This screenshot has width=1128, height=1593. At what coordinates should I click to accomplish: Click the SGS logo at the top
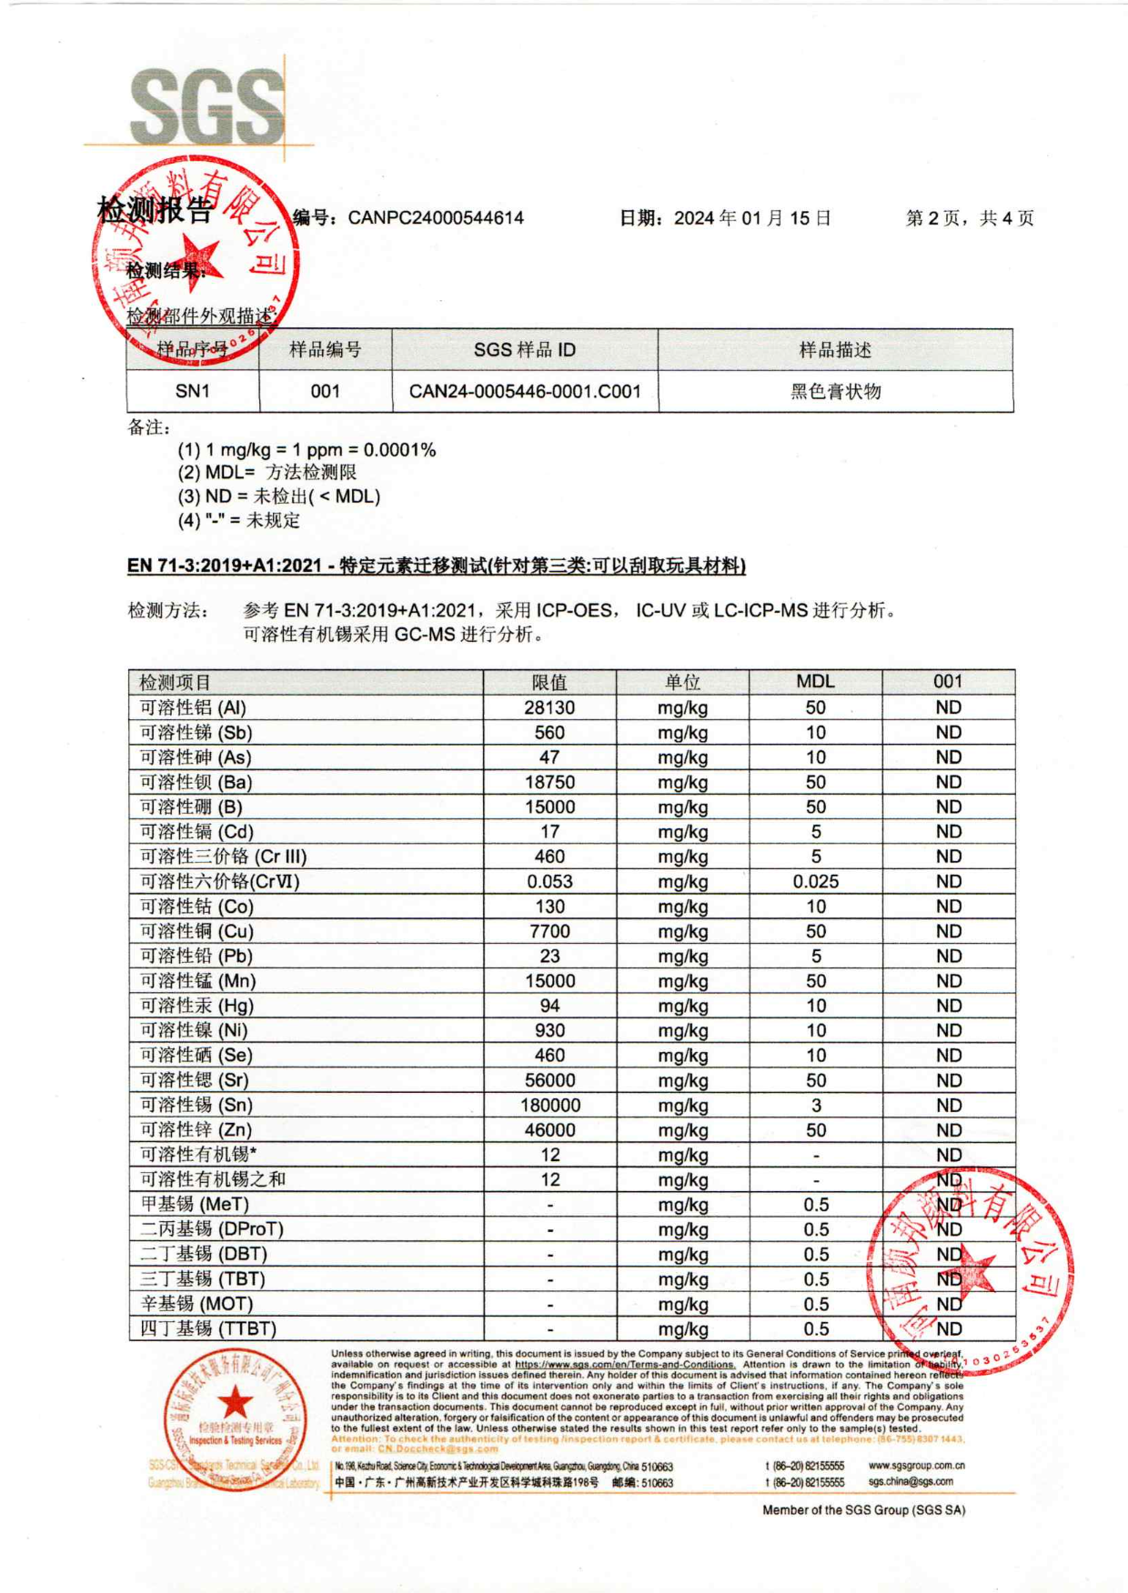pyautogui.click(x=207, y=106)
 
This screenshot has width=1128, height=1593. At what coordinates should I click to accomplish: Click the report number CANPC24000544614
pyautogui.click(x=436, y=218)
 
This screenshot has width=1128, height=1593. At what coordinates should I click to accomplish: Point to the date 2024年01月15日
pyautogui.click(x=752, y=218)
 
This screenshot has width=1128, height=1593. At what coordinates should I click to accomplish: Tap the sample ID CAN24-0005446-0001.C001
pyautogui.click(x=525, y=392)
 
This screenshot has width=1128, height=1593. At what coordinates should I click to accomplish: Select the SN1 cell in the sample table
pyautogui.click(x=193, y=392)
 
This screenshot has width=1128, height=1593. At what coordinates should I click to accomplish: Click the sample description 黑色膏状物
pyautogui.click(x=835, y=392)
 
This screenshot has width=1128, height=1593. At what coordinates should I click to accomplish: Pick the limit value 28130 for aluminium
pyautogui.click(x=549, y=708)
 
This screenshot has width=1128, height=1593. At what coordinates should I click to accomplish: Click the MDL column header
pyautogui.click(x=815, y=682)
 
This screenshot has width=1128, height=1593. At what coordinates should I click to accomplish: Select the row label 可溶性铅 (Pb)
pyautogui.click(x=196, y=957)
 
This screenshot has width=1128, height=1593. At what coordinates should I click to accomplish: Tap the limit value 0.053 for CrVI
pyautogui.click(x=549, y=882)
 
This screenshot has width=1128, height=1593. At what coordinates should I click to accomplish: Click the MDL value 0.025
pyautogui.click(x=815, y=882)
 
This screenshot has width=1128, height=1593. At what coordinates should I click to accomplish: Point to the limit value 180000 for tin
pyautogui.click(x=549, y=1106)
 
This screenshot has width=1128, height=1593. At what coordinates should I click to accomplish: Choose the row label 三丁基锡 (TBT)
pyautogui.click(x=203, y=1279)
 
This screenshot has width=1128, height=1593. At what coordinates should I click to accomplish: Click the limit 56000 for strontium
pyautogui.click(x=549, y=1081)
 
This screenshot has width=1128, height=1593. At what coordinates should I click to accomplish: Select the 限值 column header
pyautogui.click(x=549, y=682)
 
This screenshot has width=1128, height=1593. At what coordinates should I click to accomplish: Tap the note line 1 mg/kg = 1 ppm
pyautogui.click(x=307, y=450)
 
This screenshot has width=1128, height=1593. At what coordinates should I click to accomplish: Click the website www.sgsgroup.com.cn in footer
pyautogui.click(x=916, y=1466)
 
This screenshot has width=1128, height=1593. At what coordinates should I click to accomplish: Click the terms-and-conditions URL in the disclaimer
pyautogui.click(x=625, y=1365)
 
